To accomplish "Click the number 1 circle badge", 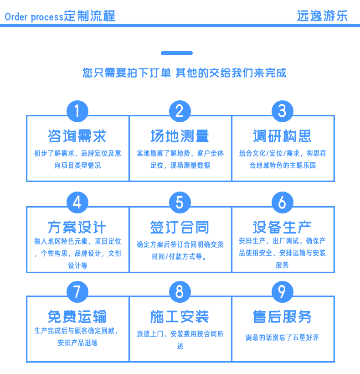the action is [77, 111].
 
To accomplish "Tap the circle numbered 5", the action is [180, 203].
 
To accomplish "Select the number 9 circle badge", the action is [283, 292].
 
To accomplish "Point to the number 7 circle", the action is [77, 292].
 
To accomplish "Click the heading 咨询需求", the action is [77, 136].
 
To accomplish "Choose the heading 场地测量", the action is [180, 136].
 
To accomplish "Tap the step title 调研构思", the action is [282, 136].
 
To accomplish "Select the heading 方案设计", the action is [77, 227].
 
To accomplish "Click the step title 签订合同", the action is [180, 227].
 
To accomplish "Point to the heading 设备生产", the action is [282, 227].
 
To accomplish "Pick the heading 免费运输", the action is [77, 317].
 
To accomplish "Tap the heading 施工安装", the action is [180, 317].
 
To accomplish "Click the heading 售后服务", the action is [282, 317].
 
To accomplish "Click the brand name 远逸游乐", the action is [322, 16].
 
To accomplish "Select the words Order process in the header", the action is [34, 17].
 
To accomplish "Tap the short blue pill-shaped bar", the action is [177, 53].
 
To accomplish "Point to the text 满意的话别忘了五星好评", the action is [283, 338].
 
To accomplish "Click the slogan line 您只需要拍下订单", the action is [127, 73].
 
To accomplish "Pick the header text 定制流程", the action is [90, 16].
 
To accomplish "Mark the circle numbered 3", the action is [283, 111].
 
